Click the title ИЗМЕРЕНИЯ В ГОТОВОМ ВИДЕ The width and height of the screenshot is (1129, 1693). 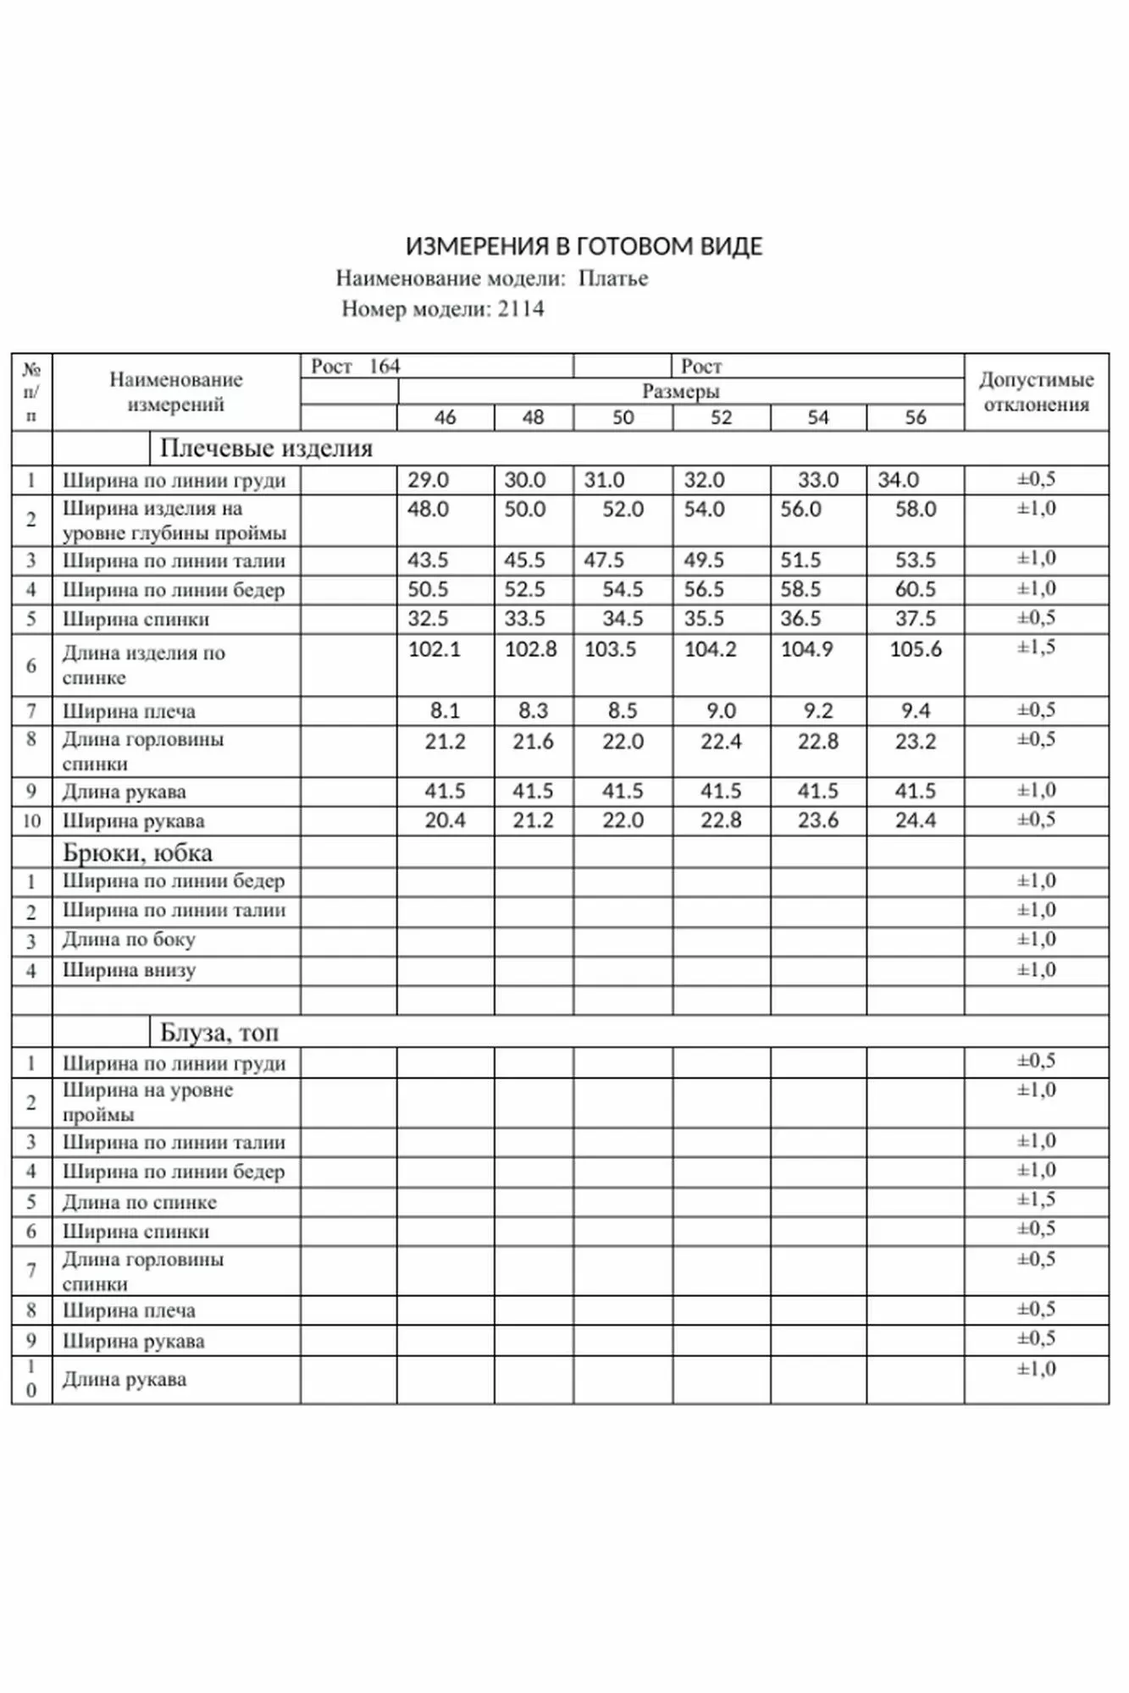click(584, 246)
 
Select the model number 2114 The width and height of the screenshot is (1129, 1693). click(521, 308)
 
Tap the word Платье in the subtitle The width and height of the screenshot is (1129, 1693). click(613, 278)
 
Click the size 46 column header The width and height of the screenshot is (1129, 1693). click(445, 417)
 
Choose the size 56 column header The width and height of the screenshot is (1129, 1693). click(915, 417)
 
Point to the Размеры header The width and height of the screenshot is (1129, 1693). click(680, 391)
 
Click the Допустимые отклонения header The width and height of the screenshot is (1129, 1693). click(1036, 391)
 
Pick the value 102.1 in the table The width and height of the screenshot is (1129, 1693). click(434, 649)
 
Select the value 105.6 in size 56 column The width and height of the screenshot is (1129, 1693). click(915, 649)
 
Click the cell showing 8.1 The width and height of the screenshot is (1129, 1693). click(445, 711)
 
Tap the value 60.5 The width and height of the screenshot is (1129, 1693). click(915, 590)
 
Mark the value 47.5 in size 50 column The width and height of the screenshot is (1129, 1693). click(604, 560)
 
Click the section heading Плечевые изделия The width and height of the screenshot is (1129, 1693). click(266, 448)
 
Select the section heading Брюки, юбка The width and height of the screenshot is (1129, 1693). click(137, 852)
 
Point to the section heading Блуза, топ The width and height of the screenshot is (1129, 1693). click(219, 1033)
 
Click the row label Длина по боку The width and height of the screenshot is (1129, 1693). click(129, 940)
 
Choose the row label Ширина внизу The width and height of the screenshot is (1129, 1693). click(129, 970)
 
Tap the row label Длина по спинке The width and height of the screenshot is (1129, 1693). click(140, 1202)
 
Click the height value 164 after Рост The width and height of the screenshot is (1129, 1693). click(384, 367)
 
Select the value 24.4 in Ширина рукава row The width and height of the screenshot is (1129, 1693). click(915, 820)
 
